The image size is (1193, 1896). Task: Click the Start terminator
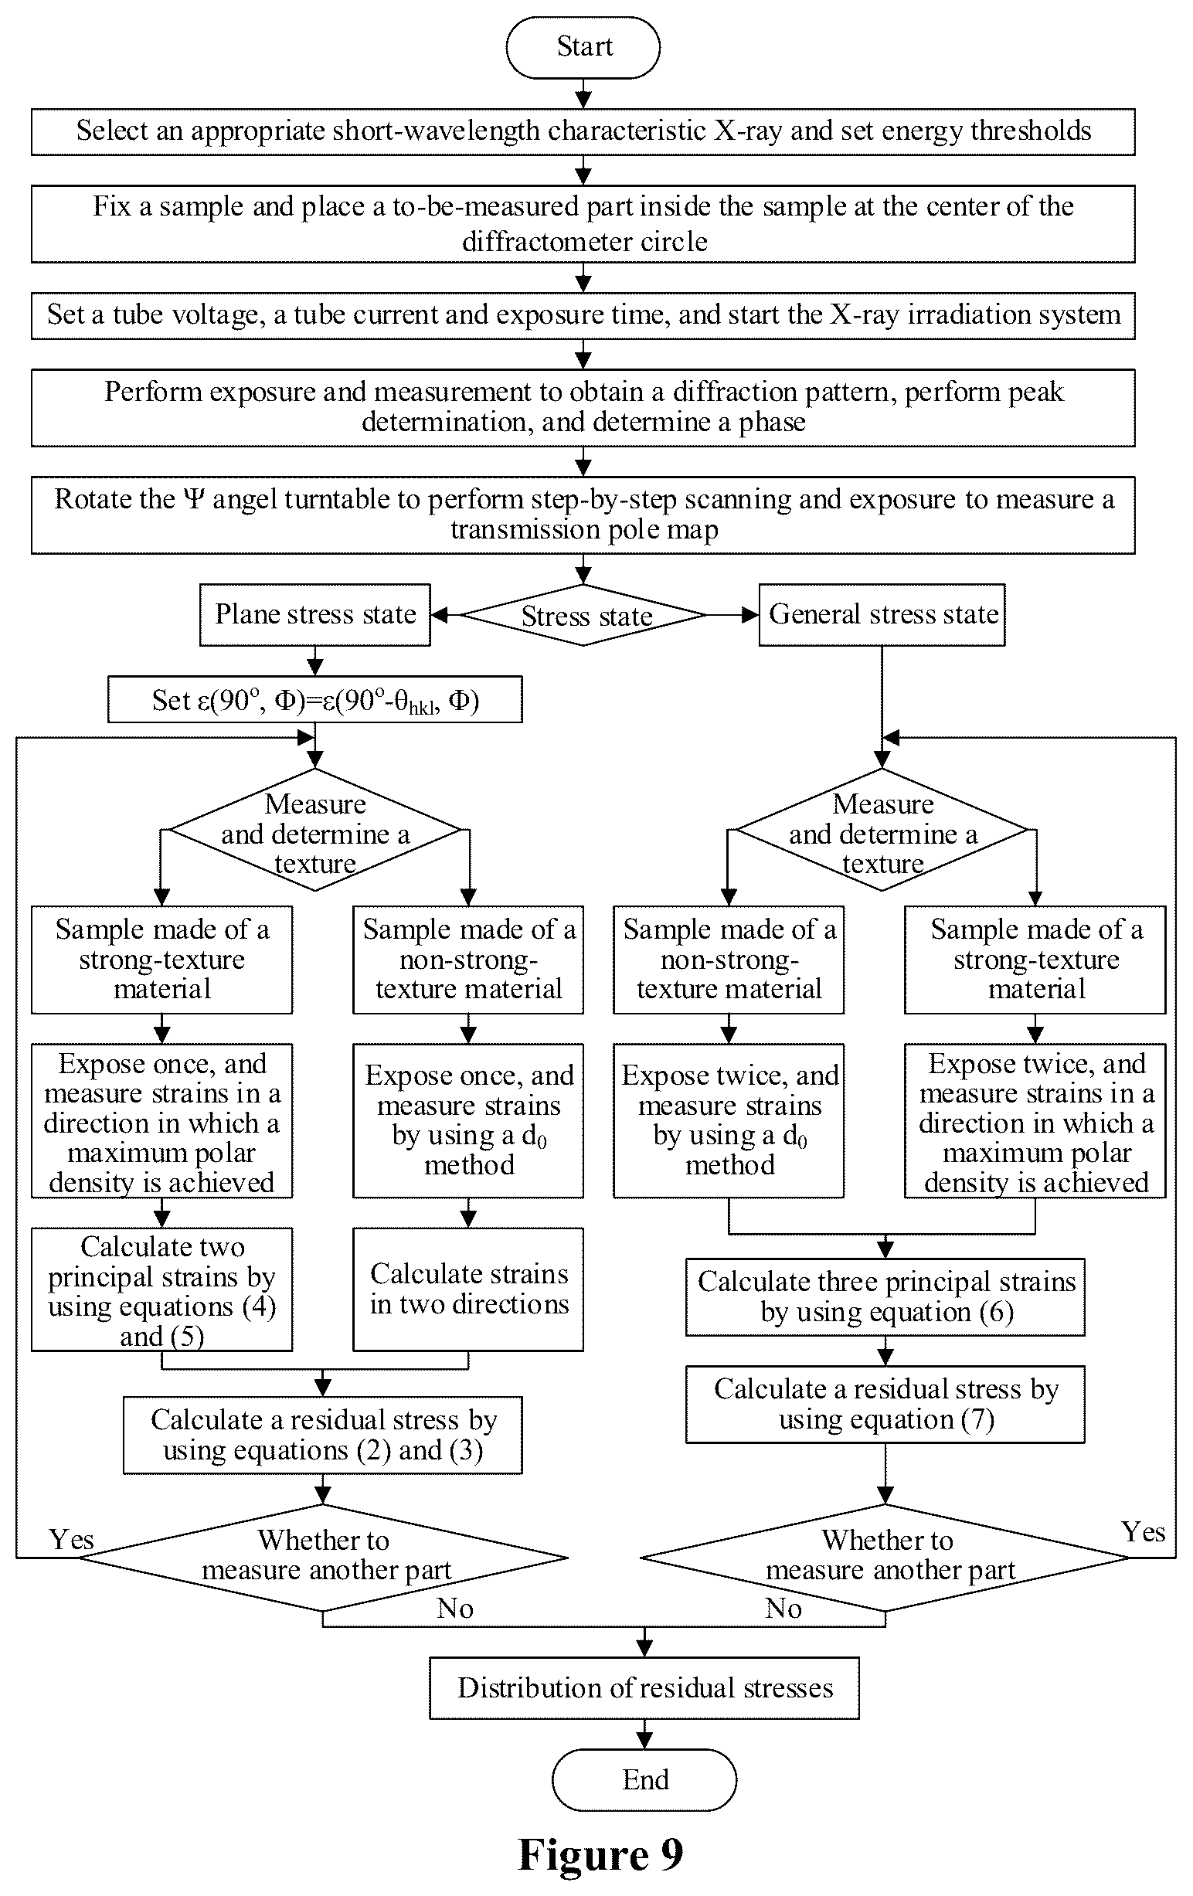[x=583, y=47]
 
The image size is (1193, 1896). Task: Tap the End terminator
[x=644, y=1779]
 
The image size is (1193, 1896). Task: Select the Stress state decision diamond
[x=583, y=615]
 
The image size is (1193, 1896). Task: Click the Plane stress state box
[x=315, y=615]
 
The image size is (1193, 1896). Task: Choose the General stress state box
[x=882, y=615]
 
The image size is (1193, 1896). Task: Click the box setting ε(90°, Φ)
[x=315, y=699]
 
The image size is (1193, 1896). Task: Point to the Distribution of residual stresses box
[x=644, y=1688]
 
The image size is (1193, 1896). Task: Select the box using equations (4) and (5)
[x=162, y=1289]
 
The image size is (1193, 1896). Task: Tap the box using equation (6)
[x=885, y=1296]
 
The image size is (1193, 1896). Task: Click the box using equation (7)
[x=885, y=1405]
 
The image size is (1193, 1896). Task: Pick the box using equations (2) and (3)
[x=323, y=1436]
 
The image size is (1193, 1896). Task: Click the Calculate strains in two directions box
[x=468, y=1289]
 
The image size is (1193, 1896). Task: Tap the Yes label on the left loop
[x=72, y=1539]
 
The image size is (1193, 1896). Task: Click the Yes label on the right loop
[x=1144, y=1531]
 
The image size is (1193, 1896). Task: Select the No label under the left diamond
[x=455, y=1609]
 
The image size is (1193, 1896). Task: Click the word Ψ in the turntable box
[x=194, y=499]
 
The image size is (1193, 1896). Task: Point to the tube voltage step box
[x=583, y=316]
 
